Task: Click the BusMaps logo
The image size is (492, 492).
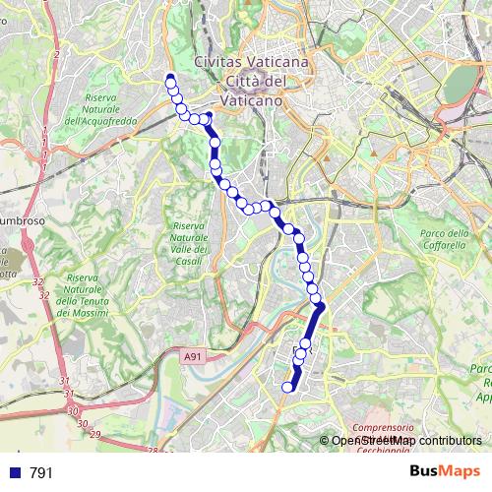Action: [446, 471]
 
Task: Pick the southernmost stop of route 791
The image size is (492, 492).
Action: [288, 387]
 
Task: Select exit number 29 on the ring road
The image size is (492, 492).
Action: [94, 434]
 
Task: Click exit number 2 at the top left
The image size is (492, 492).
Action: [58, 55]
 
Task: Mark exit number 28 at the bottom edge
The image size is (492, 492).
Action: [153, 451]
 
